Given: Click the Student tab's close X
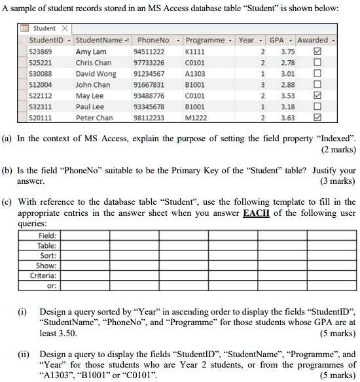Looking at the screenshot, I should pyautogui.click(x=65, y=29).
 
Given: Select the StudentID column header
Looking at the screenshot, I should pyautogui.click(x=46, y=40).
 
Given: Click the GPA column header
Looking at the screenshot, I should pyautogui.click(x=277, y=40).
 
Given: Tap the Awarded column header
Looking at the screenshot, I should pyautogui.click(x=312, y=40).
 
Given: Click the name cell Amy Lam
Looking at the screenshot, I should pyautogui.click(x=91, y=51).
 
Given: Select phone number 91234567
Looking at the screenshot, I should pyautogui.click(x=149, y=73).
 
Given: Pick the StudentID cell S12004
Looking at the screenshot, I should pyautogui.click(x=41, y=84).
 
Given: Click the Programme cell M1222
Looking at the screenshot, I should pyautogui.click(x=196, y=118).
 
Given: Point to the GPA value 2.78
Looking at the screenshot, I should pyautogui.click(x=287, y=62).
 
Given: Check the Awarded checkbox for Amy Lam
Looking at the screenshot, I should pyautogui.click(x=317, y=51).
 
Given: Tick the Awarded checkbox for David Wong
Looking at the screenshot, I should pyautogui.click(x=317, y=73).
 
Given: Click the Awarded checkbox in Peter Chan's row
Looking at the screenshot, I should pyautogui.click(x=317, y=118).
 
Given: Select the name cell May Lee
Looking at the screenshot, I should pyautogui.click(x=90, y=95).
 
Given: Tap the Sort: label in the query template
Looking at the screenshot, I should pyautogui.click(x=48, y=256).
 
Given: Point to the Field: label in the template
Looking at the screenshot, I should pyautogui.click(x=47, y=235).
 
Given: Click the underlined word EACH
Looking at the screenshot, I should pyautogui.click(x=256, y=213).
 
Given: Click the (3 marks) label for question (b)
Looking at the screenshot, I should pyautogui.click(x=338, y=181).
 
